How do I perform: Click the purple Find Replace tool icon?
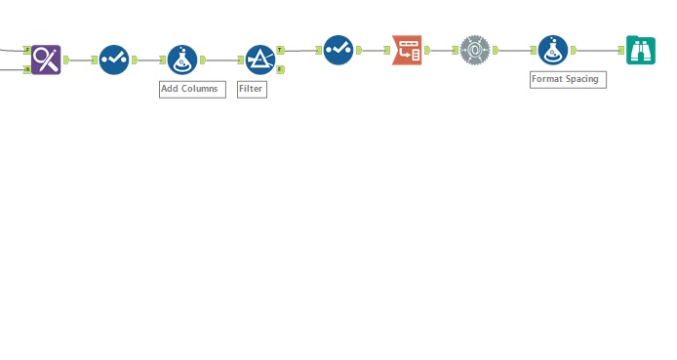[46, 60]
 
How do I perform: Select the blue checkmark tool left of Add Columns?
[114, 60]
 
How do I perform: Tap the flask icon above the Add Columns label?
[182, 60]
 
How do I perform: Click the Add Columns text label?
[192, 89]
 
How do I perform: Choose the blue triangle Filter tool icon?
[259, 60]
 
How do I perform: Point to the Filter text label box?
[252, 89]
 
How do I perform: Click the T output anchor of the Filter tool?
[281, 50]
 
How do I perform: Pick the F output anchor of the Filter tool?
[281, 70]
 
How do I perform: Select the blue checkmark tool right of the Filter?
[338, 50]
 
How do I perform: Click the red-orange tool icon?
[407, 50]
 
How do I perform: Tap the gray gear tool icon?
[475, 50]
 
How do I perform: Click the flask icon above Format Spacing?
[553, 50]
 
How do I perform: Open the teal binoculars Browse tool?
[641, 50]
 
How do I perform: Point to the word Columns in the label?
[201, 89]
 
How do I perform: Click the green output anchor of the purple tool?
[66, 60]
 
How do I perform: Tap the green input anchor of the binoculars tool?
[620, 50]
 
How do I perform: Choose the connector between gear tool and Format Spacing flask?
[514, 50]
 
